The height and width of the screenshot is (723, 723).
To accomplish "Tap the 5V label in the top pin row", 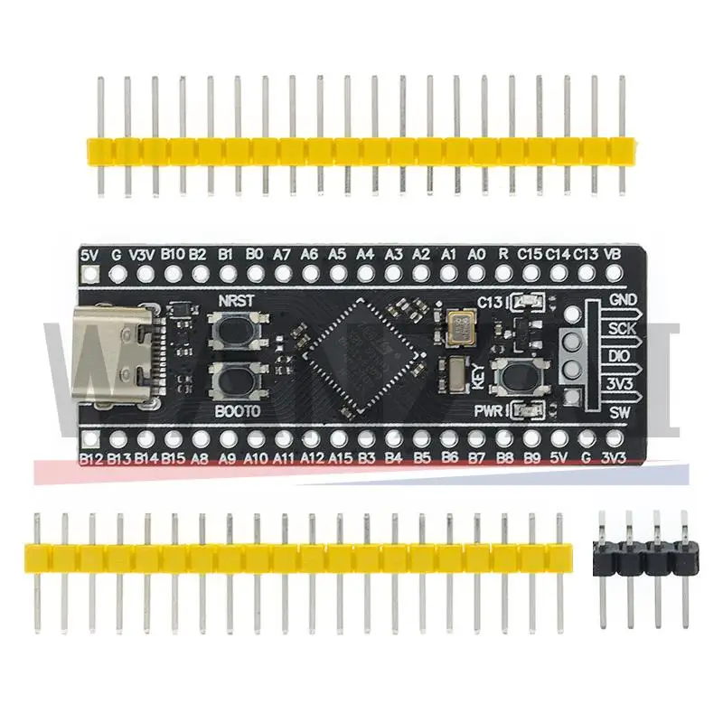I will (89, 255).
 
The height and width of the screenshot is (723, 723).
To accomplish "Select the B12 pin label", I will (90, 459).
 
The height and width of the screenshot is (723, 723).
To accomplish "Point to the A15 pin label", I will (340, 459).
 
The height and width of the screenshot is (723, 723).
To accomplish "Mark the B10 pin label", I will (172, 255).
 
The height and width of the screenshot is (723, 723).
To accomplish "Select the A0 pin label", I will (475, 255).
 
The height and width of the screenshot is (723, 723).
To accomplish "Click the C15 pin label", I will (530, 255).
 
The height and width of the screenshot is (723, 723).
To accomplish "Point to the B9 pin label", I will (532, 459).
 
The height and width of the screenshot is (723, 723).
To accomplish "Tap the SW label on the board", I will (618, 413).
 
